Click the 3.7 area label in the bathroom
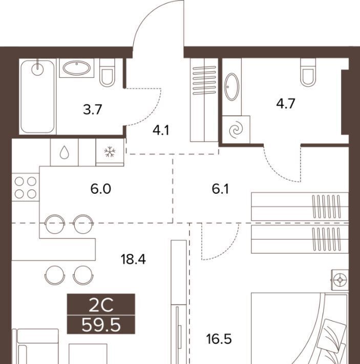93,110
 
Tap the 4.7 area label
286,104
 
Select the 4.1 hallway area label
161,131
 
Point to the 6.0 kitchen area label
100,189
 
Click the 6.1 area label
220,189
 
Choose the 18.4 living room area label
133,259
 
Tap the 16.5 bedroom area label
219,339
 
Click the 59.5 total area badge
101,325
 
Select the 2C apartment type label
101,305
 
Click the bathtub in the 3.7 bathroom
37,96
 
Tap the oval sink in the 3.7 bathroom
77,68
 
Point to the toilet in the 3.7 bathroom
107,72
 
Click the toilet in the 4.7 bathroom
308,72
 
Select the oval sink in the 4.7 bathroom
232,87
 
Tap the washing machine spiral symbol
236,130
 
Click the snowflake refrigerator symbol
110,152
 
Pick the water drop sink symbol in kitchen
64,152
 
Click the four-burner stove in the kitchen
26,187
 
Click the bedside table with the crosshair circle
340,280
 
